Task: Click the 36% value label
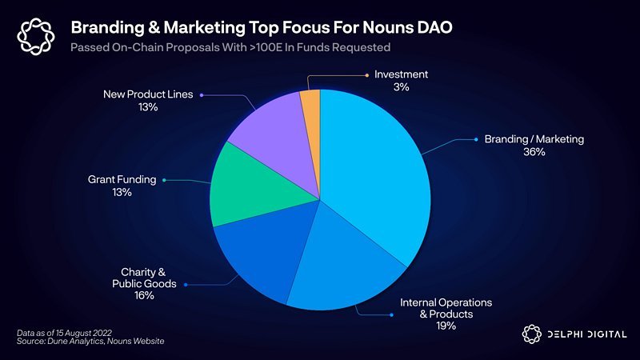[534, 152]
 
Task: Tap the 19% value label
[446, 326]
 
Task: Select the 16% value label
[144, 296]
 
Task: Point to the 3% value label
[401, 87]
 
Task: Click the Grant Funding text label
[122, 179]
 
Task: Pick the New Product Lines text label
[148, 94]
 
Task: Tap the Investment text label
[401, 74]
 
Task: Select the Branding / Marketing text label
[534, 139]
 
